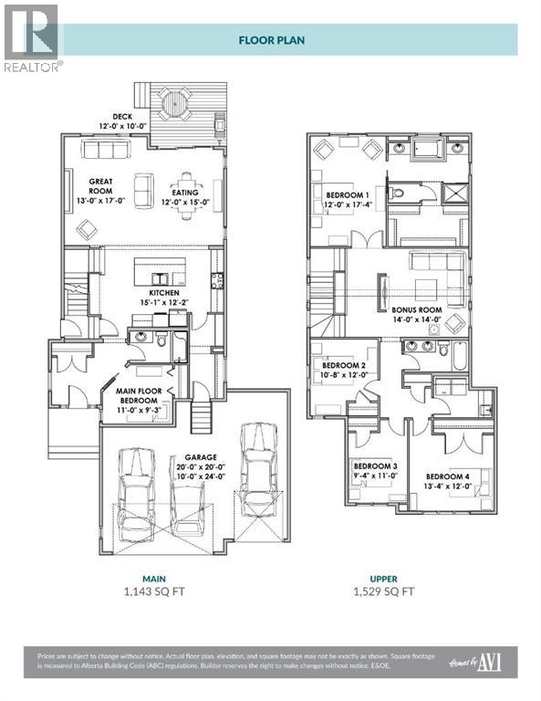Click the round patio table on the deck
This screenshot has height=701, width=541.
[x=174, y=103]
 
